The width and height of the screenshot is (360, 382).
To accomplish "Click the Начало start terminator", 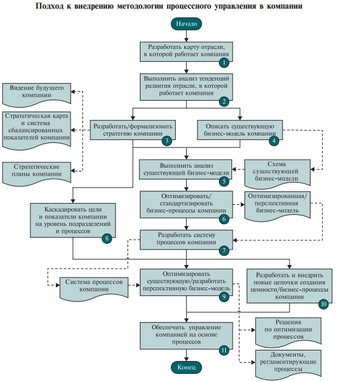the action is click(186, 24).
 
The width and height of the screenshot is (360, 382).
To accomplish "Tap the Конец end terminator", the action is click(186, 367).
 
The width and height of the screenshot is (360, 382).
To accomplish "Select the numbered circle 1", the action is click(224, 63).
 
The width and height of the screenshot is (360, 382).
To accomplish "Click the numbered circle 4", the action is click(274, 141).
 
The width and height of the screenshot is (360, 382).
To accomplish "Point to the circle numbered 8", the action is click(107, 238).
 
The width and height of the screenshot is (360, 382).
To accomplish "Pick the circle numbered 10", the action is click(324, 304).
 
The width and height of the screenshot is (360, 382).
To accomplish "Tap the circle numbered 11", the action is click(224, 350).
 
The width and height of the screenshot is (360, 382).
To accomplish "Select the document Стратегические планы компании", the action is click(36, 173).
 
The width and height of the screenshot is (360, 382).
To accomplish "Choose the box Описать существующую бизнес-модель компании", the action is click(240, 130).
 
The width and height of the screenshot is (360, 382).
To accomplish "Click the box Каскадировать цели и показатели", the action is click(73, 220).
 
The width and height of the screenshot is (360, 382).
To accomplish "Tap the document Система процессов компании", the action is click(94, 289).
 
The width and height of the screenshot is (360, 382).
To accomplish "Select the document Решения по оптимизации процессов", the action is click(288, 332).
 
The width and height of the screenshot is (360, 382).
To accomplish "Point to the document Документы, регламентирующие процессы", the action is click(288, 365).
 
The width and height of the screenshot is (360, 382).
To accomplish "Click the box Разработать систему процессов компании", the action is click(186, 240).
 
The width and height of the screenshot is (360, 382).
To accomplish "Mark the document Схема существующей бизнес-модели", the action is click(277, 174).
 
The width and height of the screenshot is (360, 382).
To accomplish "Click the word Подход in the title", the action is click(49, 6).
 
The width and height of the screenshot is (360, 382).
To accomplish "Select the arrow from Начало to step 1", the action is click(186, 36).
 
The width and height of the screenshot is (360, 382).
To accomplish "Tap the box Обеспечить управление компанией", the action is click(186, 336).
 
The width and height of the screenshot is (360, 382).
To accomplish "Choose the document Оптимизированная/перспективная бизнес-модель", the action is click(277, 206).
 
